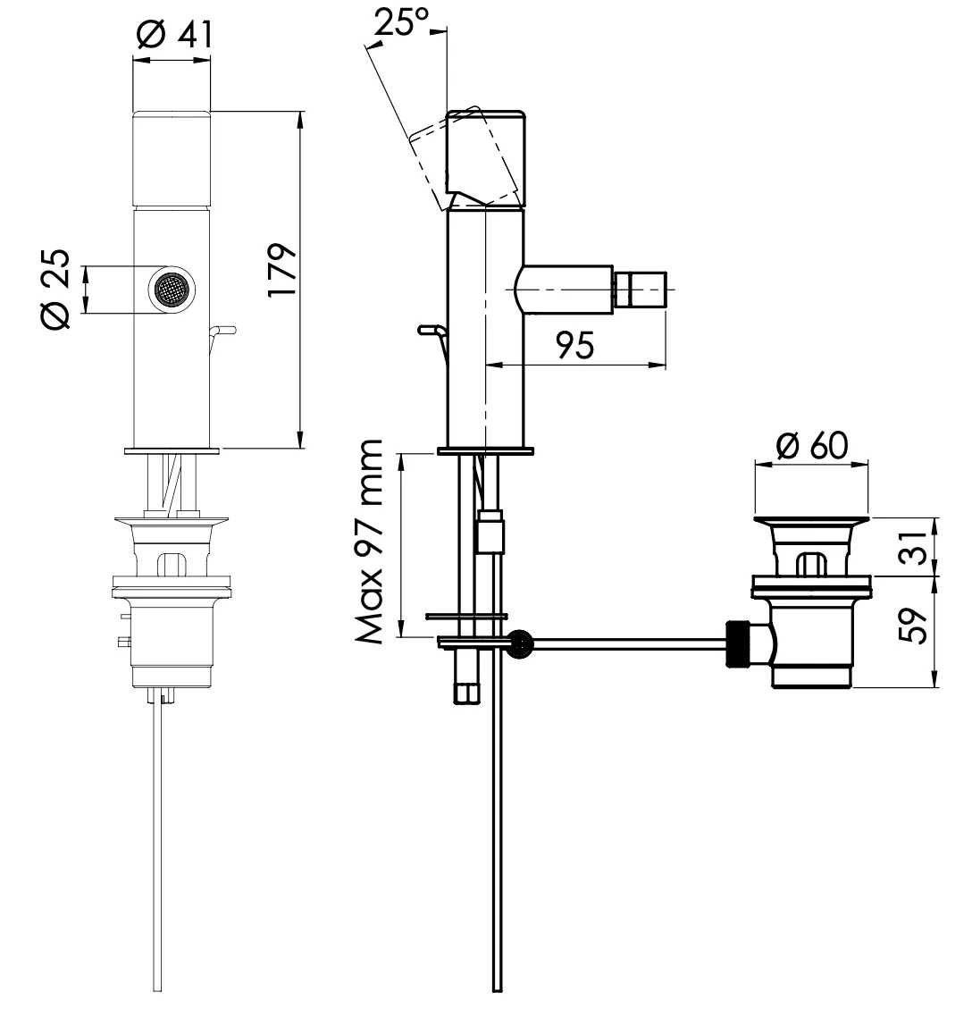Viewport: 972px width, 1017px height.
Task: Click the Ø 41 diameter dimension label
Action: tap(174, 34)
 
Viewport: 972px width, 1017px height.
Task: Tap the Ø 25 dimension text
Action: tap(55, 290)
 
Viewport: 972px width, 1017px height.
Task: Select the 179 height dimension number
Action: tap(282, 271)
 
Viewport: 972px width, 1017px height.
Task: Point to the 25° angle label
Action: tap(402, 23)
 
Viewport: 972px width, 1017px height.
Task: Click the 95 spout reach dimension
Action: tap(575, 345)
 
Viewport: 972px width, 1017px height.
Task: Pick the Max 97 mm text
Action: tap(370, 542)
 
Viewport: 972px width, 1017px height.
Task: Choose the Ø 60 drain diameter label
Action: tap(812, 445)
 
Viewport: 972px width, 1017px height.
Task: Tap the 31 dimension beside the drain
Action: tap(914, 547)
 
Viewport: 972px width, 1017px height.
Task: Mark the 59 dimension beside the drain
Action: tap(914, 626)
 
